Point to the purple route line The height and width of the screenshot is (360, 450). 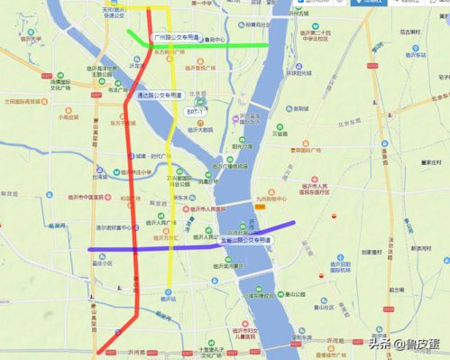(135, 247)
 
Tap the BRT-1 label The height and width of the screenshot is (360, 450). (195, 110)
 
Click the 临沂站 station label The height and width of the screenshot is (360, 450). (167, 297)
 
